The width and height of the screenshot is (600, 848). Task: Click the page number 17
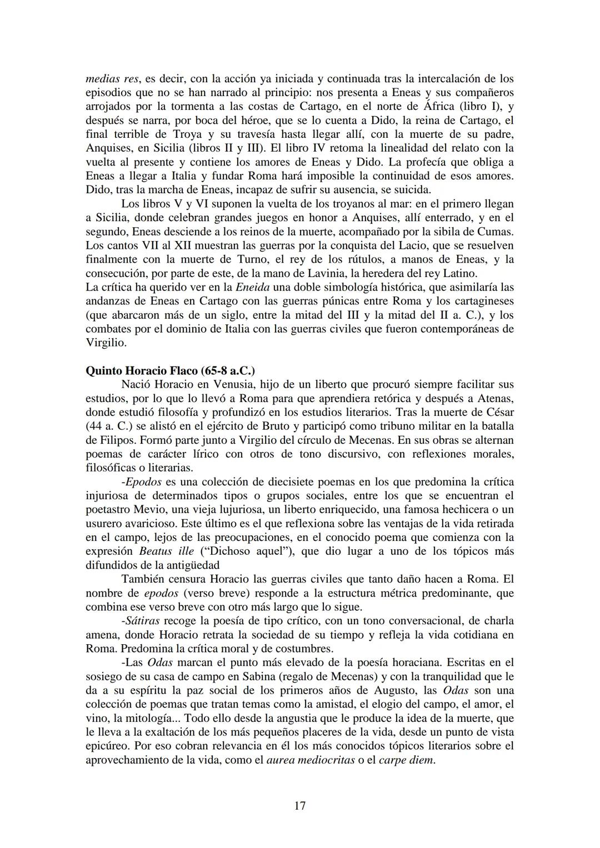(x=299, y=805)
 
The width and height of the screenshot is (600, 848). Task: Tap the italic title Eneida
(x=253, y=287)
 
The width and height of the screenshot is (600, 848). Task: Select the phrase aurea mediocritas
(x=311, y=760)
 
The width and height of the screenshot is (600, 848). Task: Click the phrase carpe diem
(x=406, y=760)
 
